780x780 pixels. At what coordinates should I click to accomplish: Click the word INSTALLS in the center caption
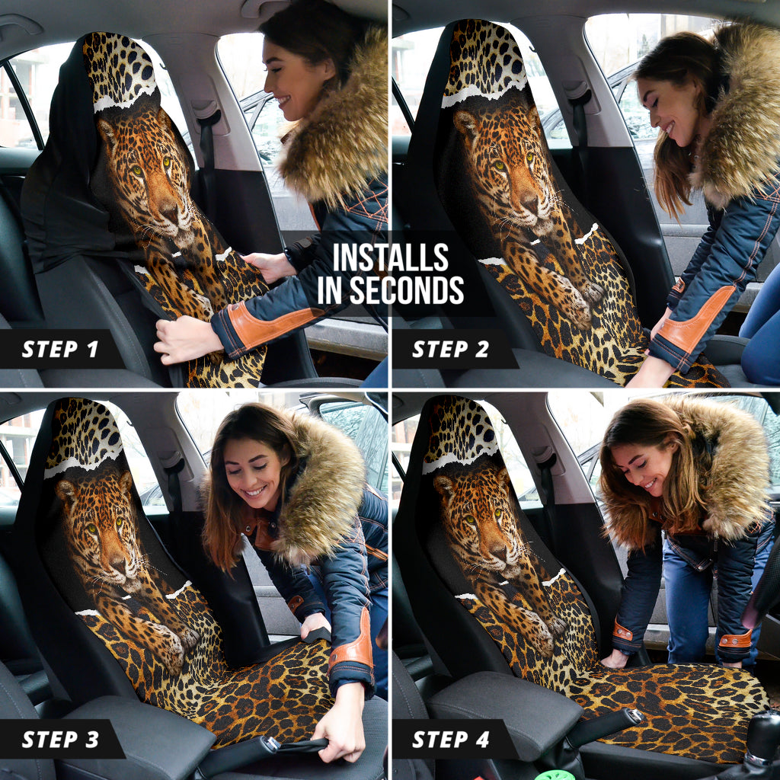(x=391, y=257)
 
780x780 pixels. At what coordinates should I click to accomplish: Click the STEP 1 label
(x=60, y=349)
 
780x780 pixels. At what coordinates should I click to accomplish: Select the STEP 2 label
(x=451, y=349)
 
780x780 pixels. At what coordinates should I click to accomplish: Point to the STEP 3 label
(x=61, y=740)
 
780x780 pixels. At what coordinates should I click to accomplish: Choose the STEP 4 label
(x=451, y=740)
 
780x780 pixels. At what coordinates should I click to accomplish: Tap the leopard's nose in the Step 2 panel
(x=529, y=202)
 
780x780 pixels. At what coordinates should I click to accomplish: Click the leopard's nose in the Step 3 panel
(x=118, y=563)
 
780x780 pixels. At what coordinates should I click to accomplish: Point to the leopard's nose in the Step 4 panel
(x=498, y=551)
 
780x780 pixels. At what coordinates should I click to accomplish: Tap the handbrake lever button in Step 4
(x=635, y=715)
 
